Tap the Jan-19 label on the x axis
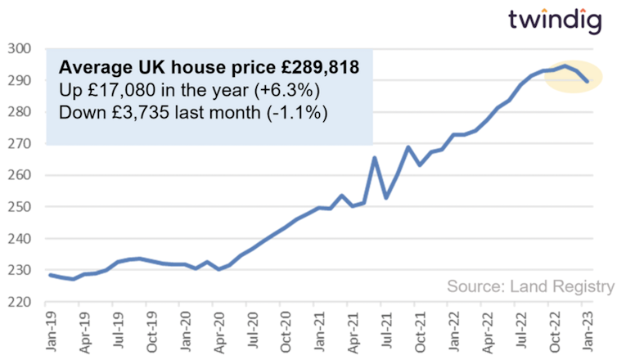(51, 331)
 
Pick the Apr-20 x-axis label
(218, 331)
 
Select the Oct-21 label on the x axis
(420, 331)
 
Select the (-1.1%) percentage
(299, 112)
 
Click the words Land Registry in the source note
(563, 286)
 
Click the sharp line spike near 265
(375, 158)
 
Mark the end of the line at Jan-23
(588, 81)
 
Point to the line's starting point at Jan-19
(51, 275)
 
